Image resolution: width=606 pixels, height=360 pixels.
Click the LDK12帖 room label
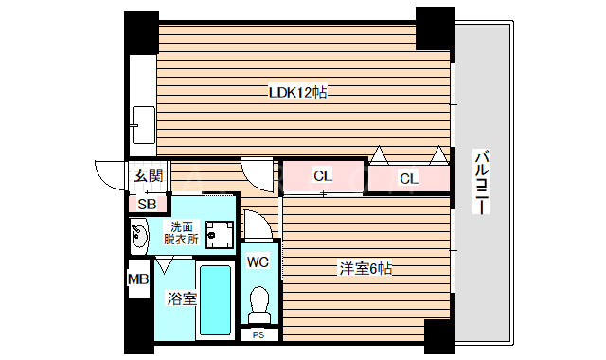pyautogui.click(x=298, y=93)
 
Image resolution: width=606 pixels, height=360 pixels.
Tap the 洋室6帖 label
pyautogui.click(x=365, y=268)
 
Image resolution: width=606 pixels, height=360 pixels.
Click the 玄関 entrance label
pyautogui.click(x=147, y=175)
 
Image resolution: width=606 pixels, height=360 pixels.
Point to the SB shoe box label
pyautogui.click(x=148, y=203)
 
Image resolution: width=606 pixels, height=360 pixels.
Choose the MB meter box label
pyautogui.click(x=138, y=279)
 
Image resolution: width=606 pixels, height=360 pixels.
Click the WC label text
pyautogui.click(x=258, y=261)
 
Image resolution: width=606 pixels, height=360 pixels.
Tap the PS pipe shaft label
pyautogui.click(x=258, y=334)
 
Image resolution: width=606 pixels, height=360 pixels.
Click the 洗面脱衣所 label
pyautogui.click(x=180, y=233)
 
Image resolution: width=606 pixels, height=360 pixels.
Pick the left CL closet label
pyautogui.click(x=323, y=175)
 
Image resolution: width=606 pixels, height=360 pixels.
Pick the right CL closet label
pyautogui.click(x=408, y=178)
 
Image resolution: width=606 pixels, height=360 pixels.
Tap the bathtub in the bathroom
pyautogui.click(x=215, y=301)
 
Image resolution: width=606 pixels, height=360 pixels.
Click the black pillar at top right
pyautogui.click(x=435, y=28)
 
